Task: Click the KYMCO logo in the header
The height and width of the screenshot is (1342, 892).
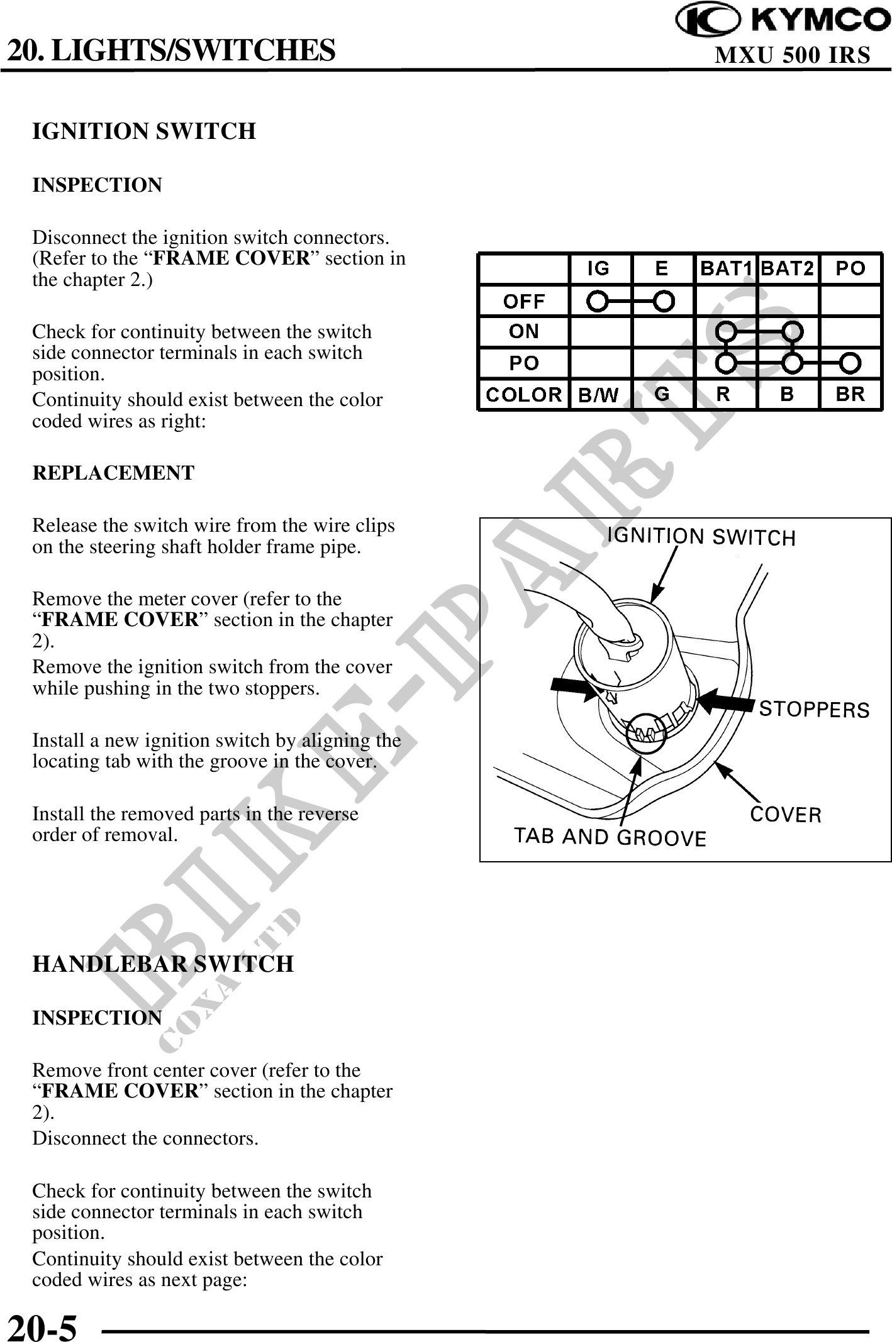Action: [782, 20]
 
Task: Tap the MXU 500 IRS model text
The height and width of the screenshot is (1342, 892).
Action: [793, 55]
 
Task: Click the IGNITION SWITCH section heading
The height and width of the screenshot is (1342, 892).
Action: [144, 131]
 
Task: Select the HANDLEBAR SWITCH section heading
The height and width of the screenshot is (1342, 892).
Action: [163, 964]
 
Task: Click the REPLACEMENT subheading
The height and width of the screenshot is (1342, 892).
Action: [113, 473]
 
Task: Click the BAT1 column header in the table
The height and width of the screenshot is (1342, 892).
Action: [725, 269]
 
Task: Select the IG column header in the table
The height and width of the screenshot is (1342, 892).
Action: [598, 269]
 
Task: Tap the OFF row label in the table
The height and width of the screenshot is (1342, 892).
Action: [523, 302]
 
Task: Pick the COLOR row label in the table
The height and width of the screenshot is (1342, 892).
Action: [523, 395]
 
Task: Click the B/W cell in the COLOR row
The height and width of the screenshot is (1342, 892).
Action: [598, 395]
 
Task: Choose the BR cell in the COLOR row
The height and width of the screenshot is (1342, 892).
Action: [850, 395]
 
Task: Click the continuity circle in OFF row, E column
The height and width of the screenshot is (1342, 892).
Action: [663, 302]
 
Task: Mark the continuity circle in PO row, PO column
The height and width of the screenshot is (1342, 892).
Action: [850, 363]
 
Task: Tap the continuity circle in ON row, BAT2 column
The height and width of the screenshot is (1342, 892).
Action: [793, 331]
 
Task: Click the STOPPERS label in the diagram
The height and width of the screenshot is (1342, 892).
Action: [814, 710]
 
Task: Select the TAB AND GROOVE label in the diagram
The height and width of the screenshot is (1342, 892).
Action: [610, 837]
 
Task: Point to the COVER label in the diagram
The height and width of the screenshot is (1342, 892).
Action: [786, 815]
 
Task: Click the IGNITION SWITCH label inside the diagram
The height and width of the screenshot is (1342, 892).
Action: [701, 537]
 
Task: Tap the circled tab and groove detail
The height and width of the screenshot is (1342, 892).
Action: [646, 732]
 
